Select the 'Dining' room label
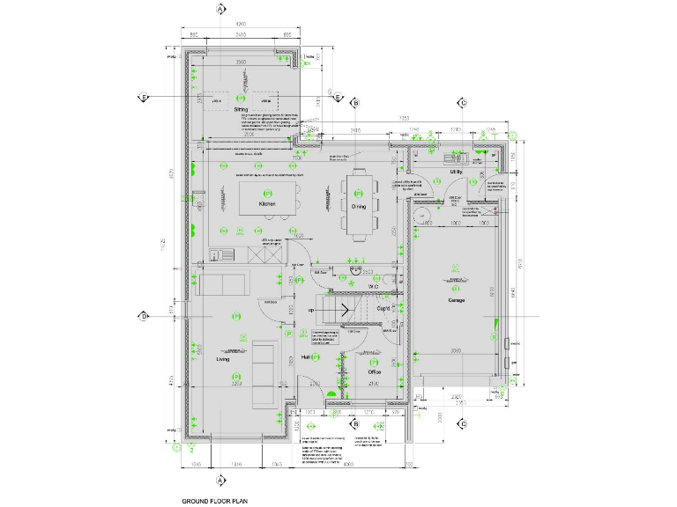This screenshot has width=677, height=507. click(x=359, y=206)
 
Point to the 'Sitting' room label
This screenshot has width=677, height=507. click(x=242, y=110)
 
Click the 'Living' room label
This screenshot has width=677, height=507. click(x=223, y=359)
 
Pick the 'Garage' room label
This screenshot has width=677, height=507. click(x=456, y=300)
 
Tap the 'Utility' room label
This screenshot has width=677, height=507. click(x=456, y=172)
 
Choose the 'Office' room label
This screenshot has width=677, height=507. click(x=373, y=371)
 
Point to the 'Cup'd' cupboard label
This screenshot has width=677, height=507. click(x=384, y=309)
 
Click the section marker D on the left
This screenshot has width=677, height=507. click(x=143, y=316)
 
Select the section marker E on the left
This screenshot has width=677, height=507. click(x=143, y=97)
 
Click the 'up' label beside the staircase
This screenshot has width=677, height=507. click(x=310, y=311)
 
